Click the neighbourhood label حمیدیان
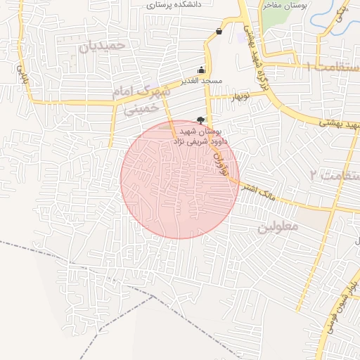(102, 46)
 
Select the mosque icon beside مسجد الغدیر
(202, 70)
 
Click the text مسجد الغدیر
(202, 81)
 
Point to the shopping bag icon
(219, 31)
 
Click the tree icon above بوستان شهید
(200, 120)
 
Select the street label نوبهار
(240, 96)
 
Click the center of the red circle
(180, 179)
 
